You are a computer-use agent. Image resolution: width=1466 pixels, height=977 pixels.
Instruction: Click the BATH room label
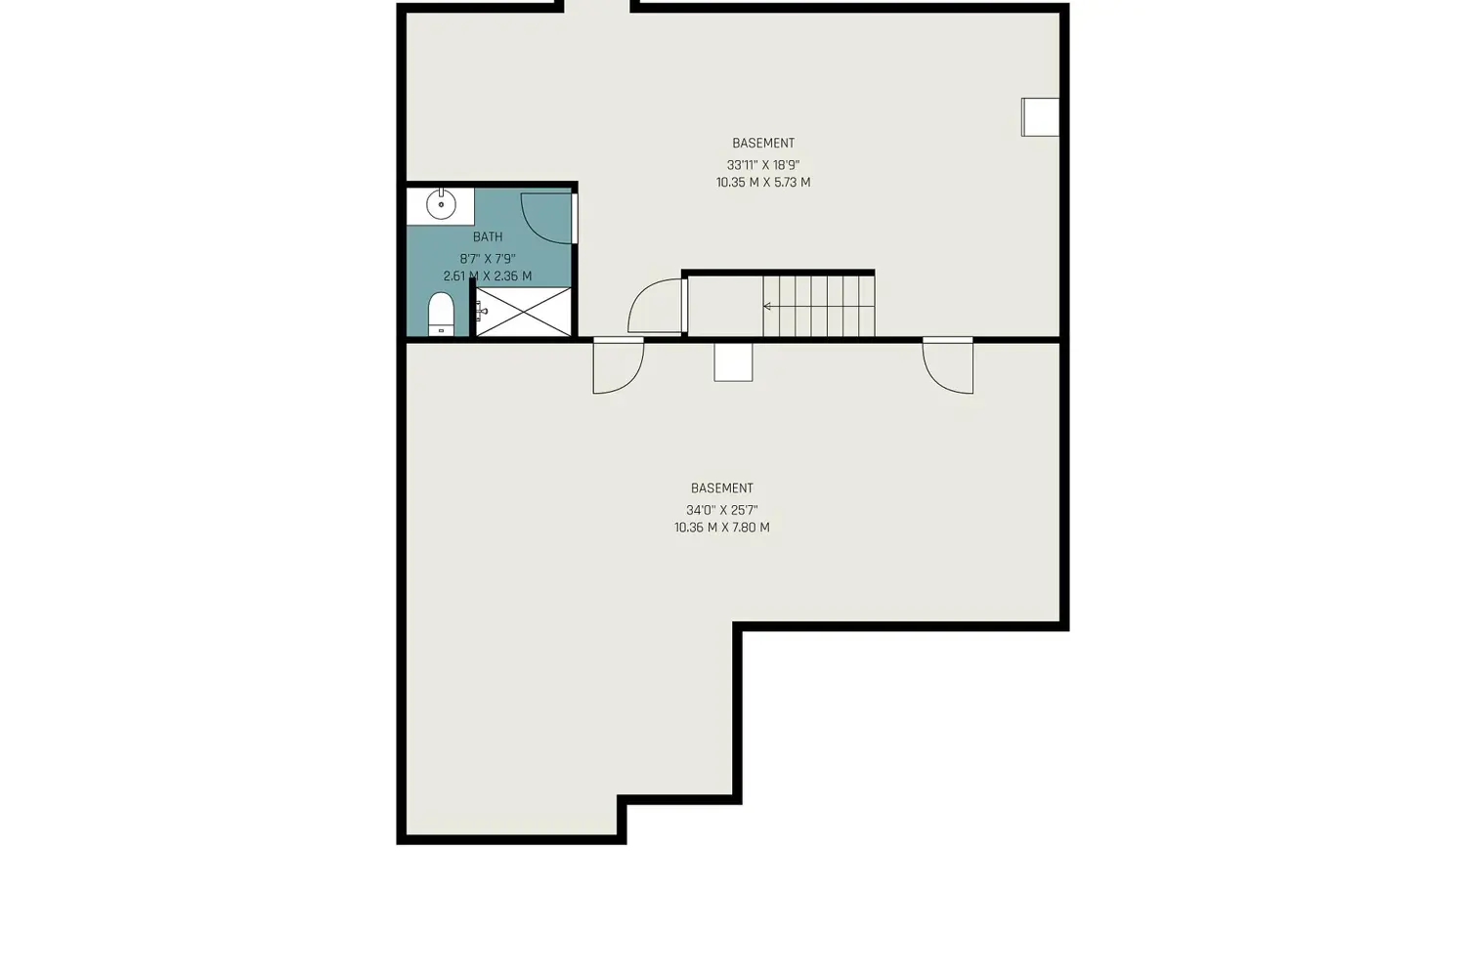(x=488, y=236)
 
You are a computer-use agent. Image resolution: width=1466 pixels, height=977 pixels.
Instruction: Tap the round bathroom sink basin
(x=441, y=205)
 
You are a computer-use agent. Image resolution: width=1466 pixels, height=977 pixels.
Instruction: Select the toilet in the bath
(x=441, y=315)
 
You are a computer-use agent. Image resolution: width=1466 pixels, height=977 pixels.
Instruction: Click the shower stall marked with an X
(x=523, y=312)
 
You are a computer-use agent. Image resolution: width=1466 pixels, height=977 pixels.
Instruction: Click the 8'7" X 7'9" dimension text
(x=488, y=259)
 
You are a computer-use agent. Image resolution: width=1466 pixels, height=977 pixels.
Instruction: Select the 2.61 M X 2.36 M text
(x=488, y=276)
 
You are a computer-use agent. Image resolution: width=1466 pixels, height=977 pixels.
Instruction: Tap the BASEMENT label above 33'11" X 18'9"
(x=763, y=143)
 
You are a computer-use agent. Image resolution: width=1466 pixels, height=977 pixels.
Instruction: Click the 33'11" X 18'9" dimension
(x=763, y=165)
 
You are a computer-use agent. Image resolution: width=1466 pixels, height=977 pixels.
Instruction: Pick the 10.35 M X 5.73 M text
(x=763, y=183)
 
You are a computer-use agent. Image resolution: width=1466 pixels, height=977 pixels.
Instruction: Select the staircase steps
(x=819, y=306)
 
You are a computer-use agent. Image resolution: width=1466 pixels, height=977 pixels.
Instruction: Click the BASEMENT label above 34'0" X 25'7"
(x=722, y=488)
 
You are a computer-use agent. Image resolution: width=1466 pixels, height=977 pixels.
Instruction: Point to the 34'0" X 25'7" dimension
(x=722, y=510)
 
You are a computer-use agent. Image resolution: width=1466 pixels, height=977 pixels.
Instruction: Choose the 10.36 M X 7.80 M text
(x=722, y=528)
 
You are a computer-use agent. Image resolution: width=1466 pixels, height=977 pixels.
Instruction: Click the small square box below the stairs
(x=733, y=361)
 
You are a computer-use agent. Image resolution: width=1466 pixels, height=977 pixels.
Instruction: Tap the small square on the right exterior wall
(x=1040, y=117)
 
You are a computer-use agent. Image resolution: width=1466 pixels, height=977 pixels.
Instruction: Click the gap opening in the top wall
(x=597, y=7)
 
